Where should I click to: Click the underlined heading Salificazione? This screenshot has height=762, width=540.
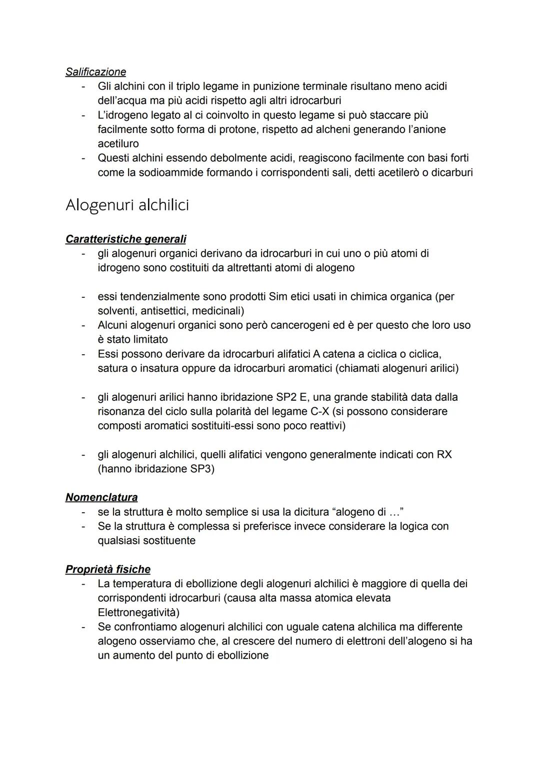[x=95, y=71]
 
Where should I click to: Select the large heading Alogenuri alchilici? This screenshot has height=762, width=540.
[x=127, y=205]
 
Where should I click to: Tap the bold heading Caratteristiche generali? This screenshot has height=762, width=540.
[x=125, y=239]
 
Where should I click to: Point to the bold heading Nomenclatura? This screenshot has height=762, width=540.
[x=101, y=497]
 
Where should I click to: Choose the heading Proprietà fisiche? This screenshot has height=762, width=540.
[x=107, y=569]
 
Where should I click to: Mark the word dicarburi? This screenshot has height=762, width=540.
[x=449, y=172]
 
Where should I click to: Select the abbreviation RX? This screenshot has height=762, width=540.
[x=444, y=455]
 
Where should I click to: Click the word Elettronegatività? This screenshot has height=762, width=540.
[x=138, y=612]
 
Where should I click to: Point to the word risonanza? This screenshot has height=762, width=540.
[x=121, y=411]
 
